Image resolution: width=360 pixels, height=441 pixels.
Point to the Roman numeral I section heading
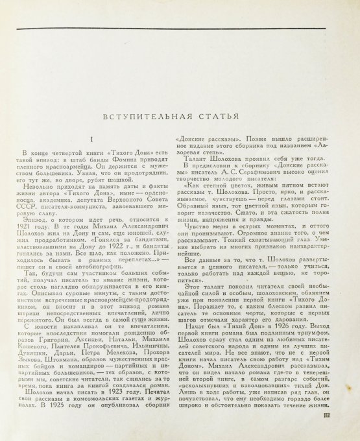[x=92, y=140]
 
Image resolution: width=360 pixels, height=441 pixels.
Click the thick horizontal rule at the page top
[x=180, y=30]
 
